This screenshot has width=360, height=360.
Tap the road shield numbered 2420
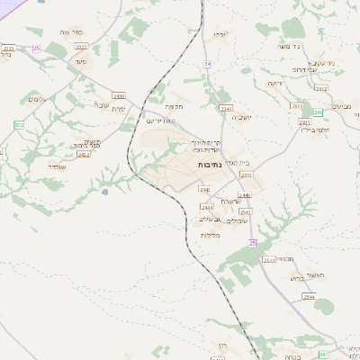119,94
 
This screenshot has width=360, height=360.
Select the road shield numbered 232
19,124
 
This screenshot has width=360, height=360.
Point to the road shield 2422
84,154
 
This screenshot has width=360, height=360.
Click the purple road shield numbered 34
208,64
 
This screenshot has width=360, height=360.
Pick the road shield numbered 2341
225,108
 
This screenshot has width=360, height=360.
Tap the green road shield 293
318,112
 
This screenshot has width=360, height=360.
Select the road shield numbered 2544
309,296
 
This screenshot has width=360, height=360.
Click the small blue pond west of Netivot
105,191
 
